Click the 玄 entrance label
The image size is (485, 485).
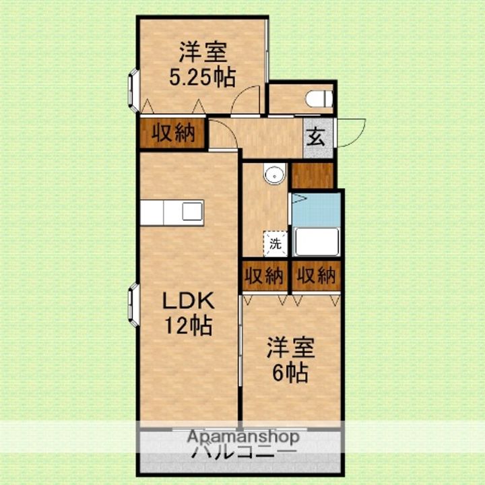pyautogui.click(x=317, y=137)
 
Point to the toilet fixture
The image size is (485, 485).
pyautogui.click(x=319, y=100)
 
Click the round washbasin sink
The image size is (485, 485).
pyautogui.click(x=273, y=175)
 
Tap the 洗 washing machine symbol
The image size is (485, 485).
pyautogui.click(x=276, y=244)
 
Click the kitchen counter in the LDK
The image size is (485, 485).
pyautogui.click(x=172, y=213)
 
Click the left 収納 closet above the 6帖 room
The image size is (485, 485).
pyautogui.click(x=265, y=276)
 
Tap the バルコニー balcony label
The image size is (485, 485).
pyautogui.click(x=245, y=453)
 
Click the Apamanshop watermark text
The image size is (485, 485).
pyautogui.click(x=245, y=436)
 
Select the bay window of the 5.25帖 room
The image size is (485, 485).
pyautogui.click(x=131, y=88)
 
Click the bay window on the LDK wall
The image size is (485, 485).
pyautogui.click(x=131, y=306)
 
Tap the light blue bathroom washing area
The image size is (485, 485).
pyautogui.click(x=315, y=211)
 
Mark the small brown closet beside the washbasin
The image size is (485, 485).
pyautogui.click(x=313, y=175)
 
